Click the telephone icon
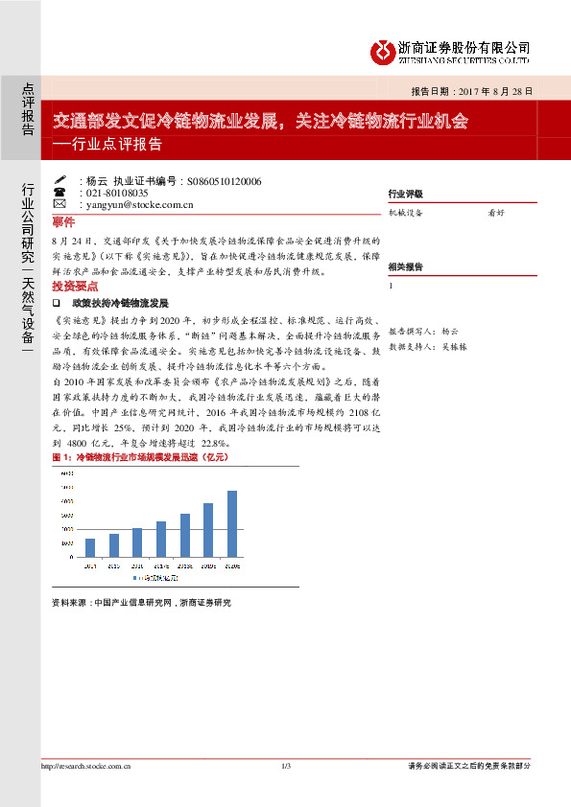click(59, 192)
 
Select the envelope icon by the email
click(59, 204)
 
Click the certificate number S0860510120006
click(225, 180)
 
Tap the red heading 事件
click(62, 220)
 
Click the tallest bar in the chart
click(231, 523)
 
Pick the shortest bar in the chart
click(90, 547)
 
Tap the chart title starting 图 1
click(140, 459)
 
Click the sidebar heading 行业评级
click(405, 194)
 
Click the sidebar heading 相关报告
click(405, 266)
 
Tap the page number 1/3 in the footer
click(285, 766)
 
